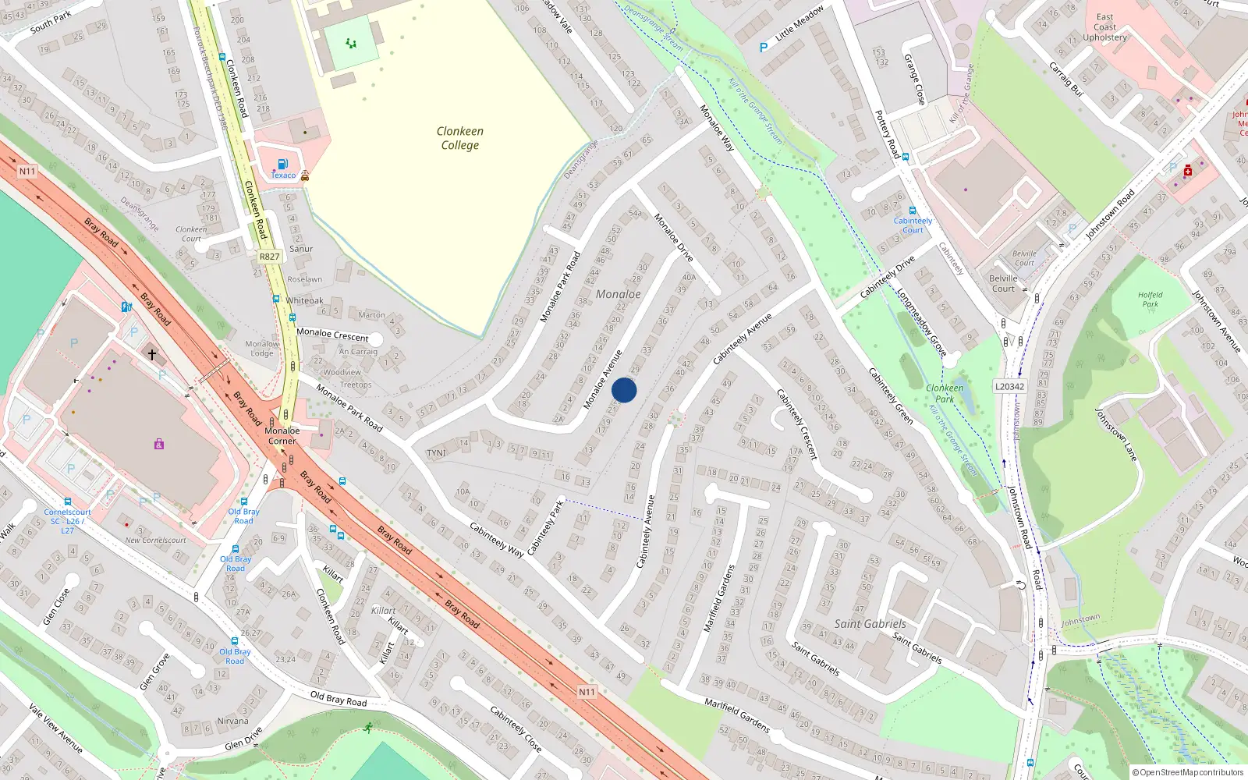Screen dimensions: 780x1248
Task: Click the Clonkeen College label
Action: coord(460,138)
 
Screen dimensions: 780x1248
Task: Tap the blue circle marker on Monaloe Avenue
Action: coord(624,390)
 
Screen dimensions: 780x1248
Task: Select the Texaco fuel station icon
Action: coord(282,164)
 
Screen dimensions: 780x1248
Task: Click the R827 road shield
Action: coord(269,257)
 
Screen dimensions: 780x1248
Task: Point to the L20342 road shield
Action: coord(1010,387)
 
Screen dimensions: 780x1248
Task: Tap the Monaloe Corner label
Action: coord(282,435)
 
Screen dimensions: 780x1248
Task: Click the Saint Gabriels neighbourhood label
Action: coord(870,624)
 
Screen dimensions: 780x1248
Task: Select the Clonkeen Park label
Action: coord(945,393)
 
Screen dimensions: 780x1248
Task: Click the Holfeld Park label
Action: coord(1150,300)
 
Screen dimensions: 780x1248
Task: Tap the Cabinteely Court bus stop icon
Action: coord(912,211)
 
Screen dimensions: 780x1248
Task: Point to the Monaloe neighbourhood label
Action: coord(618,294)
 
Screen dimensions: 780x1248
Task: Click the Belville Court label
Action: coord(1003,283)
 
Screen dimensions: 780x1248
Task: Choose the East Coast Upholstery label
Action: coord(1104,27)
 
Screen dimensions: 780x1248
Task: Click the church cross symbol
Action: coord(152,355)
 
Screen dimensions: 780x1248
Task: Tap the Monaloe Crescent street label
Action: coord(332,335)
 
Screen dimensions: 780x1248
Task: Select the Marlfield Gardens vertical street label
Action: coord(719,597)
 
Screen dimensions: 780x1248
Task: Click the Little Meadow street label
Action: coord(799,23)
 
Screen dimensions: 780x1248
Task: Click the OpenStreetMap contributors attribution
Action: coord(1187,772)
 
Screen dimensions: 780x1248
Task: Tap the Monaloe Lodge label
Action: coord(262,348)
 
